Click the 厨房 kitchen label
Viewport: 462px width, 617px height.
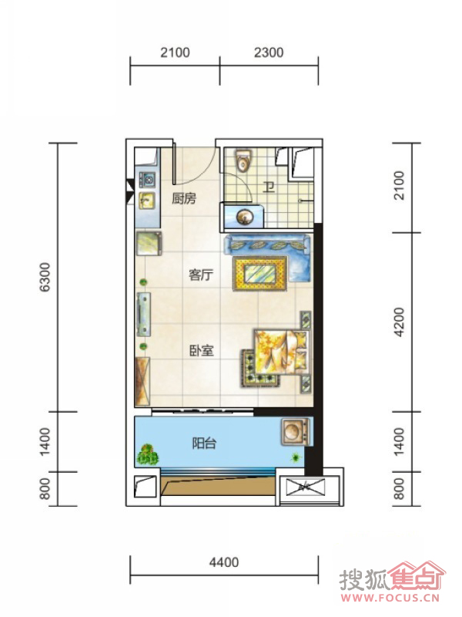point(184,198)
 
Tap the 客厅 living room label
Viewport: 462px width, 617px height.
point(201,275)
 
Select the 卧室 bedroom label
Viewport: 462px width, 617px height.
point(202,350)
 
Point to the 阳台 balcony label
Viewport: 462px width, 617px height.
point(204,443)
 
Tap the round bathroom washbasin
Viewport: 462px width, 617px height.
point(244,217)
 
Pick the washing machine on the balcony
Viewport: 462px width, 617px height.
point(296,432)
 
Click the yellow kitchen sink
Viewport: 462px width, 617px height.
point(146,201)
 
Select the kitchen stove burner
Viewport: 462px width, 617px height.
point(148,180)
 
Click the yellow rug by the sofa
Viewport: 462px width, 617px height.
point(260,273)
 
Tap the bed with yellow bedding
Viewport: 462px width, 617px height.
point(280,352)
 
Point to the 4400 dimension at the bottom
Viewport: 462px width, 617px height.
point(224,562)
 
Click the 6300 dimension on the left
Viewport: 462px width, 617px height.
point(45,277)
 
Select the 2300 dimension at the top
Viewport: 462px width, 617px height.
point(269,52)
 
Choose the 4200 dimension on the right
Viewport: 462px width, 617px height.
point(399,322)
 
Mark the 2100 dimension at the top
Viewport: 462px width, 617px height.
point(175,52)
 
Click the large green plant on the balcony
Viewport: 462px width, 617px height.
point(148,454)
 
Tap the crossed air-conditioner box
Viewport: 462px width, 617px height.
point(306,487)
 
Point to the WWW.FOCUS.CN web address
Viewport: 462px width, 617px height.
point(390,598)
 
